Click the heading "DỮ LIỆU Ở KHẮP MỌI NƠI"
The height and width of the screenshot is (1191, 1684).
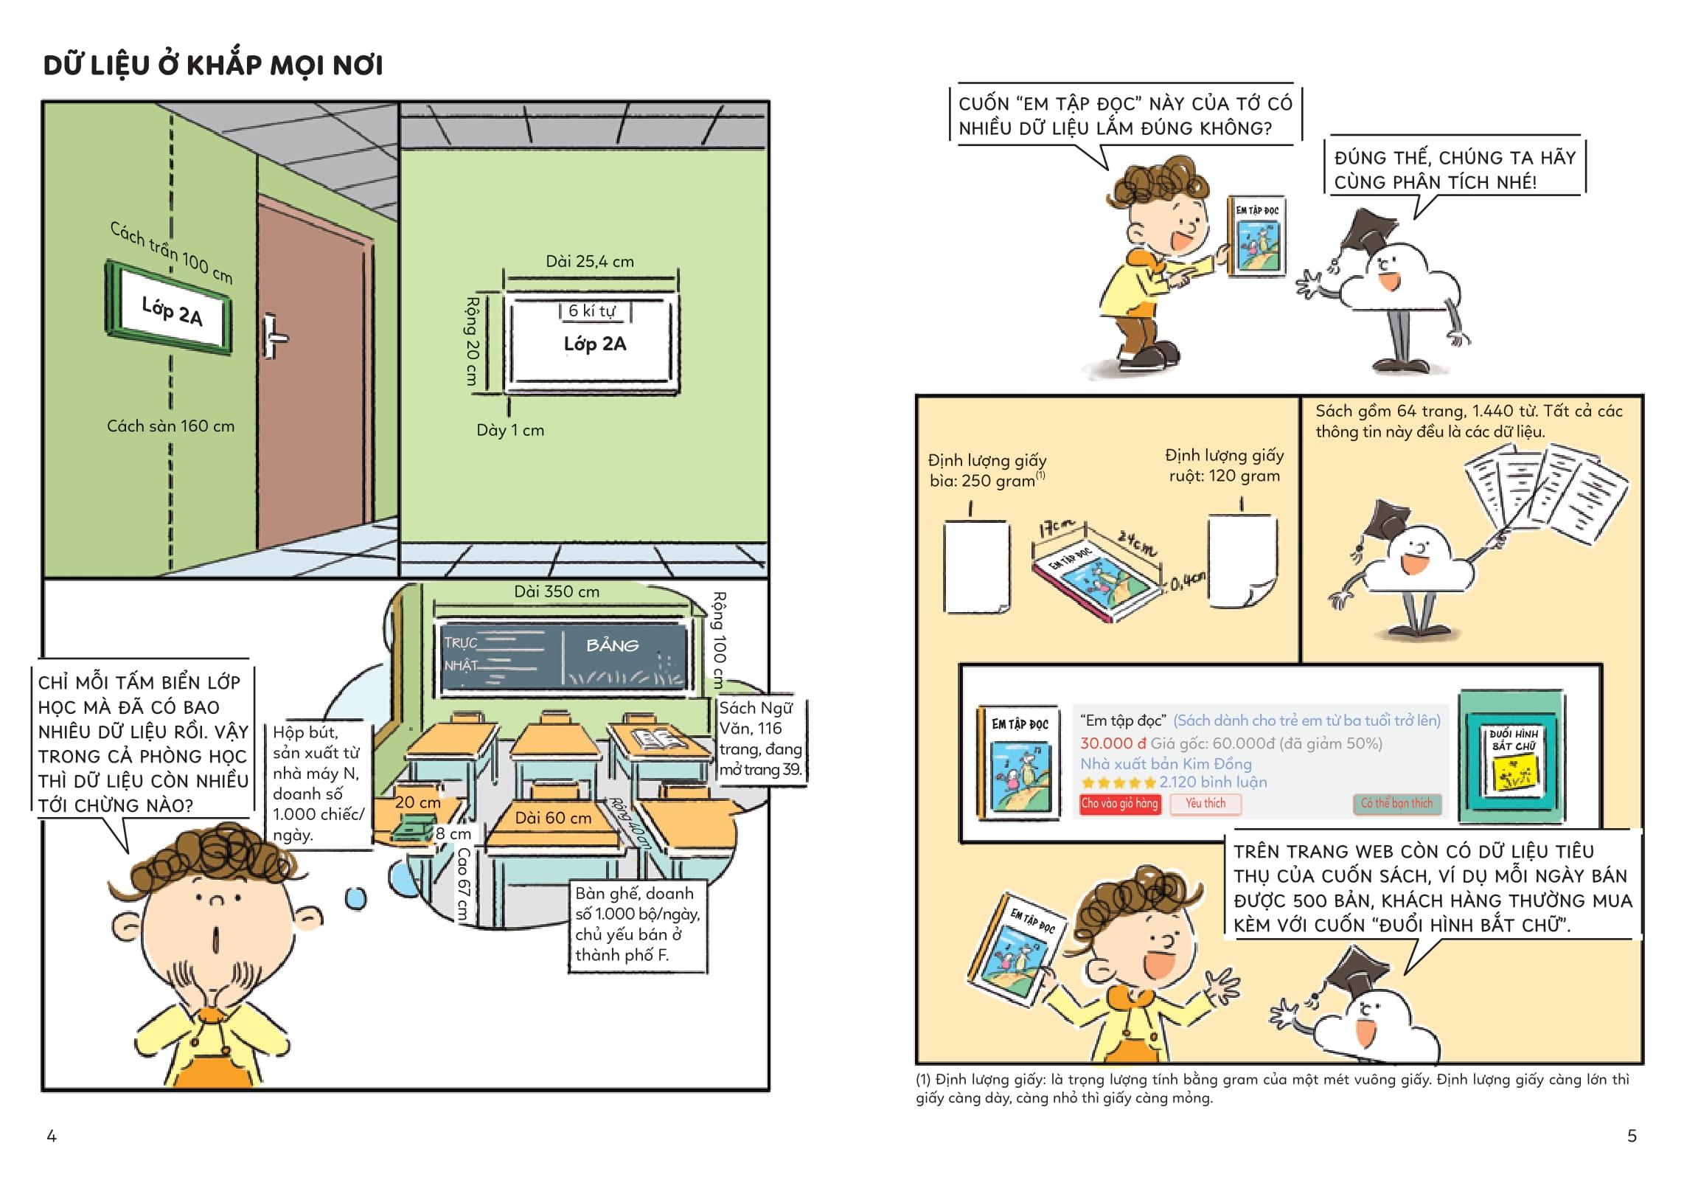tap(213, 66)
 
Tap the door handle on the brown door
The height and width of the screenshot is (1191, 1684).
tap(274, 337)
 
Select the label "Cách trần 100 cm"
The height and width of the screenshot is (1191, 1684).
tap(171, 253)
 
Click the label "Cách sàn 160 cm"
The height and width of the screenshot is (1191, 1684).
tap(170, 426)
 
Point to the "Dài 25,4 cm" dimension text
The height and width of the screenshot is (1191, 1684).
tap(590, 261)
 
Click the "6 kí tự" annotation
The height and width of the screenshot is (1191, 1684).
tap(591, 310)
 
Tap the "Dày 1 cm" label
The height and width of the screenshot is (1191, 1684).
tap(510, 430)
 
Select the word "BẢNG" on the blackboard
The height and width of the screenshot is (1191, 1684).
tap(612, 646)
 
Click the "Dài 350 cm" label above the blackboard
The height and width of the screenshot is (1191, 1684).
tap(557, 591)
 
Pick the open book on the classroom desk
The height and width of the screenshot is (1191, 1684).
tap(658, 738)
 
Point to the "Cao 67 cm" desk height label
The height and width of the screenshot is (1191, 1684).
tap(462, 883)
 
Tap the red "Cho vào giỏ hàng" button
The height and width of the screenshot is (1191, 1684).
tap(1119, 804)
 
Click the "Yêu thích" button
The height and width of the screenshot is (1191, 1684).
tap(1205, 804)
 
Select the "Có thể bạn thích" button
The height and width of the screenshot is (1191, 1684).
tap(1396, 804)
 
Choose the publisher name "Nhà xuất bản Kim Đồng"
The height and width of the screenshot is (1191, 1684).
tap(1166, 763)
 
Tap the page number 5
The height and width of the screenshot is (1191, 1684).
tap(1632, 1136)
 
